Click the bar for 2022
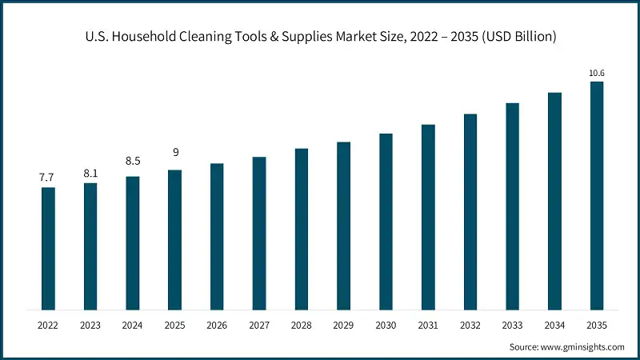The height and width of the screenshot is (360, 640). [x=48, y=249]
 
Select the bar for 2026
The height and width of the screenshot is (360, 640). [x=217, y=237]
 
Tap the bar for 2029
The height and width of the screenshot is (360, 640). [x=343, y=226]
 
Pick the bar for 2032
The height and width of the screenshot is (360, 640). [x=470, y=212]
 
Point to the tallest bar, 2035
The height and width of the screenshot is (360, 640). [x=596, y=195]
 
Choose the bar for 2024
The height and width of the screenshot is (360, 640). [x=133, y=243]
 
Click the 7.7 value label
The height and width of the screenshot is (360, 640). [x=48, y=177]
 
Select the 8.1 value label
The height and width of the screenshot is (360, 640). [x=90, y=172]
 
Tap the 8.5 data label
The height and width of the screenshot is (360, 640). [x=133, y=161]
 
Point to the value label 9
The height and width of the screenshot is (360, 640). [x=174, y=152]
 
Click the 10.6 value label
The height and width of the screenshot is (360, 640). [x=596, y=73]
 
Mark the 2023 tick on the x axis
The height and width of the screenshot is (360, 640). [x=90, y=326]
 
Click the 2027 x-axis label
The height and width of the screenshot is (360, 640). [x=259, y=326]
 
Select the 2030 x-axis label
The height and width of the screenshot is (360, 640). [x=386, y=326]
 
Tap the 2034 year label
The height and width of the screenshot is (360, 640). [x=554, y=326]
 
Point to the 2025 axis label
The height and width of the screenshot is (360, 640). [x=174, y=326]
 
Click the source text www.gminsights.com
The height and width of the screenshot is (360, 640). [x=583, y=346]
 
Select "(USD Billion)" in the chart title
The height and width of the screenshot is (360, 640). [x=518, y=37]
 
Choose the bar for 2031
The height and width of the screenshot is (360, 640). [x=428, y=218]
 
